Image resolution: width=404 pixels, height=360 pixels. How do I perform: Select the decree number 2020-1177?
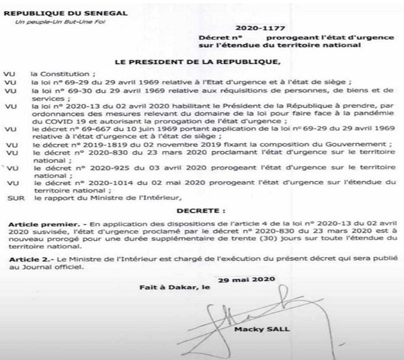tap(247, 28)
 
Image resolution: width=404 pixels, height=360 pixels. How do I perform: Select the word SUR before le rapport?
tap(13, 197)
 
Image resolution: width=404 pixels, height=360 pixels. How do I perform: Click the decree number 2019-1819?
tap(101, 144)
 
